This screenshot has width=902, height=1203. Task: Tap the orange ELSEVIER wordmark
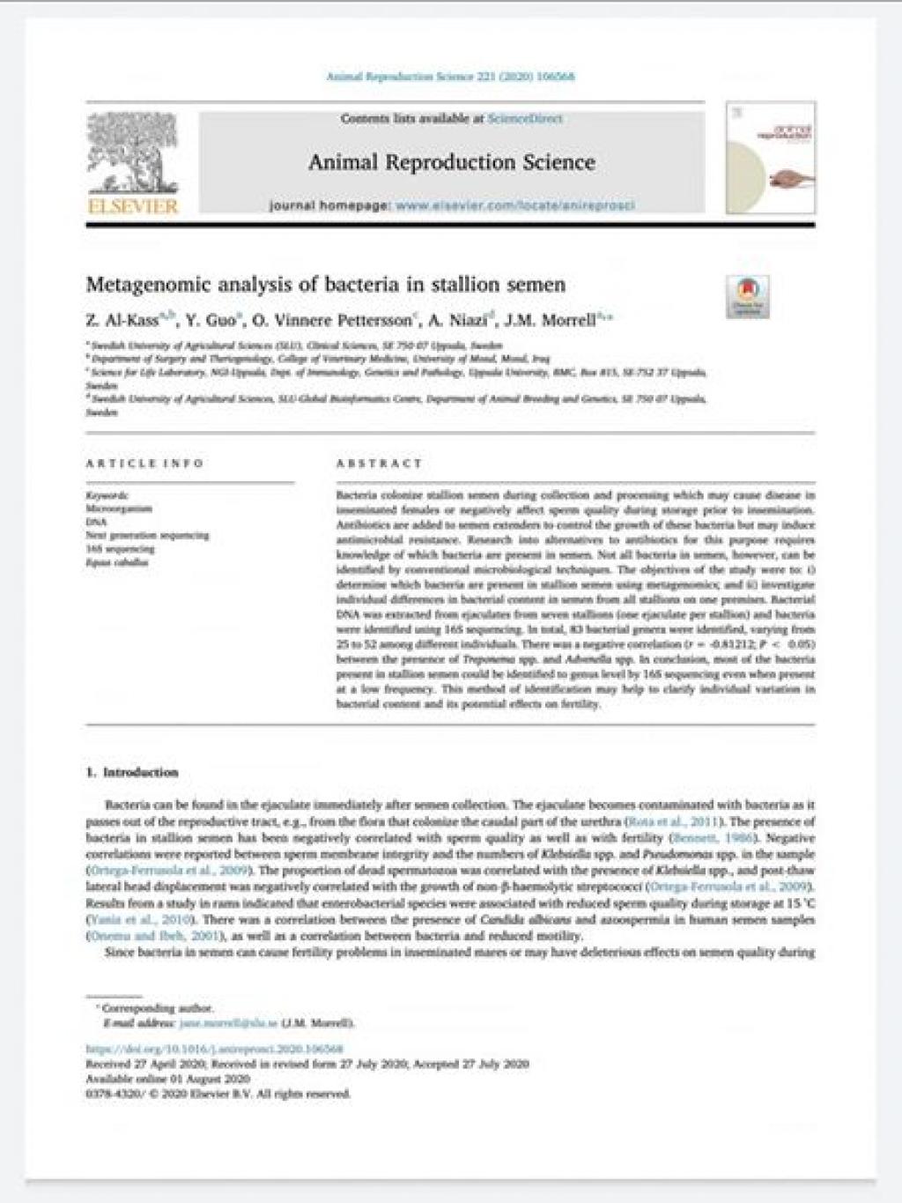(x=133, y=207)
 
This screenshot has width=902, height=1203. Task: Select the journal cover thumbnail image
(x=770, y=158)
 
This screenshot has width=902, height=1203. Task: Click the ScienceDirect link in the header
(x=525, y=118)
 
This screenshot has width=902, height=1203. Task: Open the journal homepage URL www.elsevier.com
(x=514, y=205)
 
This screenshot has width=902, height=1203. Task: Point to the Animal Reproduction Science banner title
(x=451, y=162)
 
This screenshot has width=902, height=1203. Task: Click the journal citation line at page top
(x=451, y=77)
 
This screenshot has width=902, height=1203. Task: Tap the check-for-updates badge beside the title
(x=747, y=296)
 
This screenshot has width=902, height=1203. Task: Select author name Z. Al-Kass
(x=123, y=321)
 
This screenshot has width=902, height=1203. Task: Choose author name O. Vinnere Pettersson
(x=332, y=321)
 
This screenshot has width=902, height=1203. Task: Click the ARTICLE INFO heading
(x=144, y=463)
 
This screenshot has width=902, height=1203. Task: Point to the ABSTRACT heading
(x=379, y=463)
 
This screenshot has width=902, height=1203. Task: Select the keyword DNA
(x=96, y=522)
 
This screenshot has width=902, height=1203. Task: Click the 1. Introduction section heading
(x=132, y=772)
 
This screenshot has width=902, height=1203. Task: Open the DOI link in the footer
(x=214, y=1049)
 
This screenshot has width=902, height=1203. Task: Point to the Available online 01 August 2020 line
(x=167, y=1079)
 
